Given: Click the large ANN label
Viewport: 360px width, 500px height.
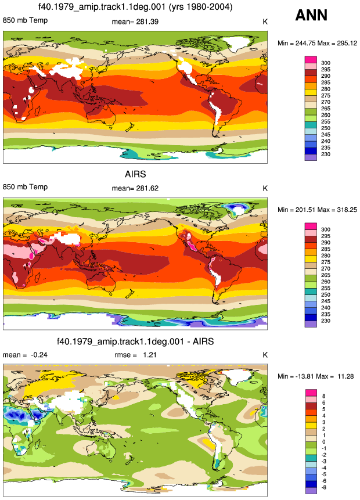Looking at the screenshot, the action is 311,15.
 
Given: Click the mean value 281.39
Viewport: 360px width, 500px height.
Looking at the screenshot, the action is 147,21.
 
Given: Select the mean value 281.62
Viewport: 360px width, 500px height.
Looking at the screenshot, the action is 147,189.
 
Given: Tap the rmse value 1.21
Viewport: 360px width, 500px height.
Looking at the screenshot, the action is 150,355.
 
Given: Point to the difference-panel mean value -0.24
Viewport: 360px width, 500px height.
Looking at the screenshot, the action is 38,355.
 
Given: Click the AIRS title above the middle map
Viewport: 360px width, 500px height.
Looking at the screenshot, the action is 135,174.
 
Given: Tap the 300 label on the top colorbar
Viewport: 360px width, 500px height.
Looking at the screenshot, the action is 326,63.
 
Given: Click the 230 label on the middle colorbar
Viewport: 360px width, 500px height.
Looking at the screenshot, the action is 326,321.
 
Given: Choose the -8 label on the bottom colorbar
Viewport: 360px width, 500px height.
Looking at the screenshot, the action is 323,488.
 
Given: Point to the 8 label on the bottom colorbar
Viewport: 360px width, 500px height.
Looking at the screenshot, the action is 324,397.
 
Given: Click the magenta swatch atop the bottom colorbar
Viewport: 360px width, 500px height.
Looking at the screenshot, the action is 311,393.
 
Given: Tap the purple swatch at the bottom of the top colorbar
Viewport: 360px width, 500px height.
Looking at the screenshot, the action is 311,157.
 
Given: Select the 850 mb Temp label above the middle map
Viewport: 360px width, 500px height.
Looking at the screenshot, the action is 25,187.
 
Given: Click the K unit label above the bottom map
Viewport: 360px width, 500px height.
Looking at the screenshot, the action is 265,355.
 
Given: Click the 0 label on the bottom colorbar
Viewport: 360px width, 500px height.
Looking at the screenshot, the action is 324,442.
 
